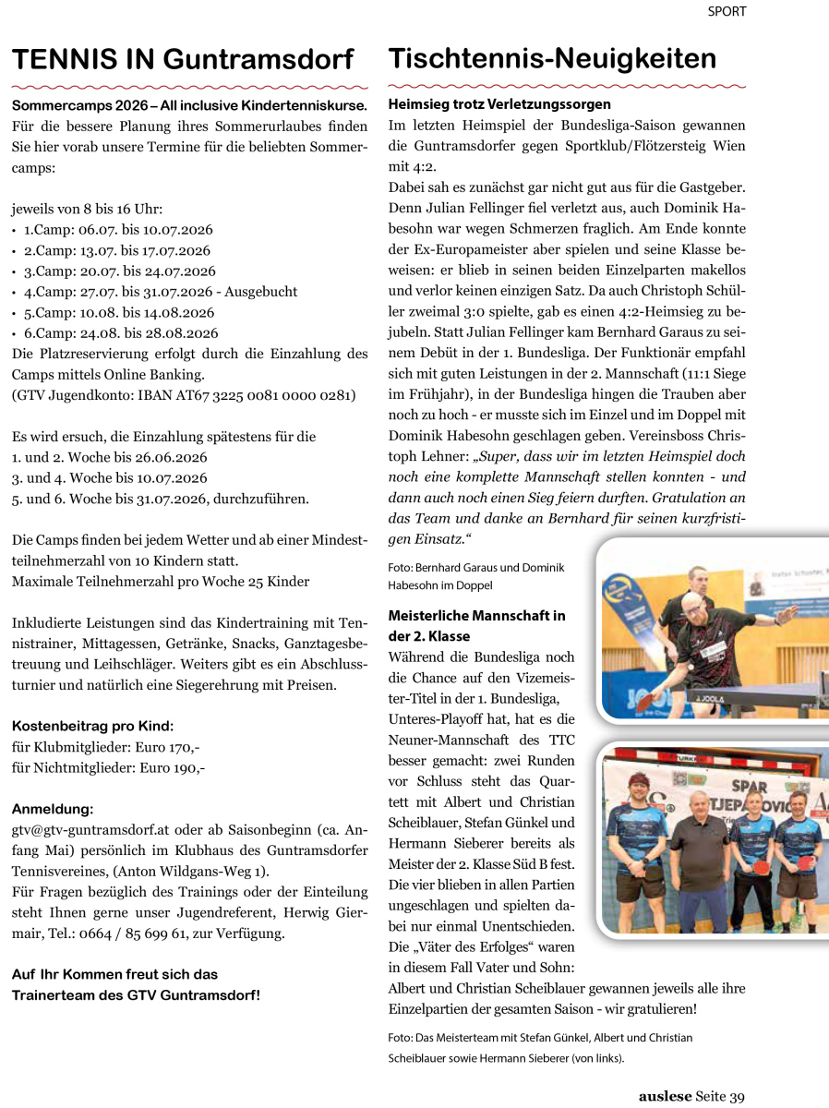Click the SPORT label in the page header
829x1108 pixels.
coord(727,12)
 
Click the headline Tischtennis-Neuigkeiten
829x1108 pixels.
coord(552,58)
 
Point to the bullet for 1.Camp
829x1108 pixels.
coord(15,230)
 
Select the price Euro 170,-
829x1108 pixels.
coord(168,747)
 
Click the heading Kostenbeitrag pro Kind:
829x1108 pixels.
coord(92,727)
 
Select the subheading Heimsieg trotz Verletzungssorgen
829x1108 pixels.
coord(499,104)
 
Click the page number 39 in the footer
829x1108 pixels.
coord(736,1097)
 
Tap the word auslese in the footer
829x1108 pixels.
coord(665,1097)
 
